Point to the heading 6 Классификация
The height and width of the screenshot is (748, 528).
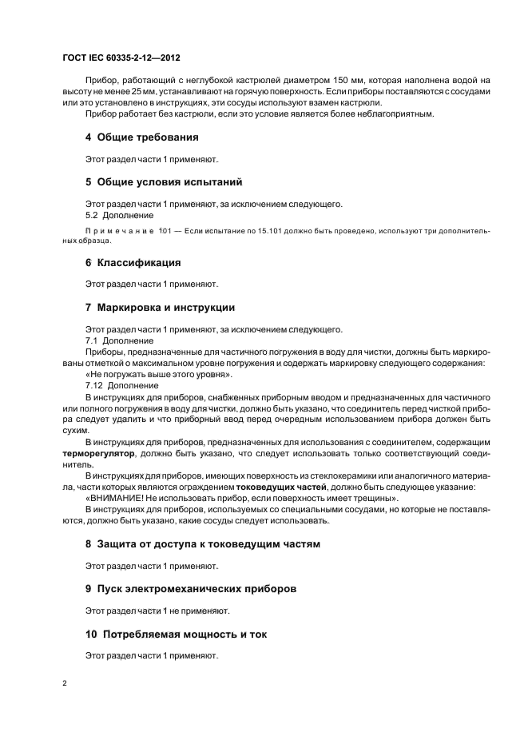(133, 262)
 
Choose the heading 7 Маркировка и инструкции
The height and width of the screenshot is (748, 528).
(160, 307)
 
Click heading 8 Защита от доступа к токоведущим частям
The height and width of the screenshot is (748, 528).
(202, 543)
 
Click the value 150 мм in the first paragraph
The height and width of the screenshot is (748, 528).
(343, 82)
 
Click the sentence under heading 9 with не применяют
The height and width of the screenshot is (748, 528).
(157, 611)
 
